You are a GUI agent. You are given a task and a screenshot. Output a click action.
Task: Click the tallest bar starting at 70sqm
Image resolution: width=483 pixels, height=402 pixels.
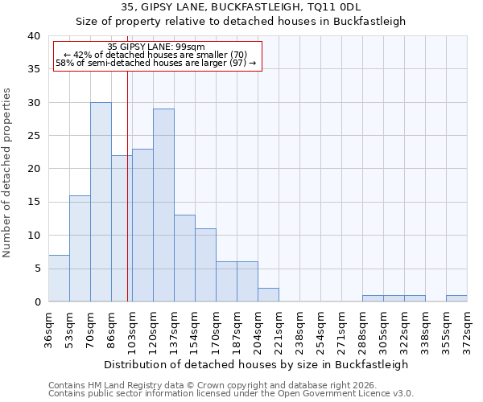pyautogui.click(x=101, y=202)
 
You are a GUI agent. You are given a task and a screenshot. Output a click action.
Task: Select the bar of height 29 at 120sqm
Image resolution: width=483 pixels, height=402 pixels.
pyautogui.click(x=163, y=205)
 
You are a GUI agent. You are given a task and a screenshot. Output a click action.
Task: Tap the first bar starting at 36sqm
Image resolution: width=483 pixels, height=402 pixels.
pyautogui.click(x=59, y=278)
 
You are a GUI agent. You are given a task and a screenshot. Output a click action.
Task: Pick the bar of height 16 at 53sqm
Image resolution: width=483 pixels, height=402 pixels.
pyautogui.click(x=80, y=248)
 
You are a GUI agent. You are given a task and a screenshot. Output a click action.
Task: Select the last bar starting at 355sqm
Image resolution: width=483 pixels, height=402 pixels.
pyautogui.click(x=456, y=298)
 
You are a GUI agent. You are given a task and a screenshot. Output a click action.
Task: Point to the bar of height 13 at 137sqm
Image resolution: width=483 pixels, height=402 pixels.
pyautogui.click(x=184, y=258)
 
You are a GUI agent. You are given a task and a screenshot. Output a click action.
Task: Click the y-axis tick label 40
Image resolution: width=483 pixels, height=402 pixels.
pyautogui.click(x=33, y=36)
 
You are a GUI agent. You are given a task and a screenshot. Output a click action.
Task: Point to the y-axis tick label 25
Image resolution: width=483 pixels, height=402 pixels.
pyautogui.click(x=33, y=136)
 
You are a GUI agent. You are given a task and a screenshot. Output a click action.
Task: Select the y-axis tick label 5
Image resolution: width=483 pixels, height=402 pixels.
pyautogui.click(x=36, y=269)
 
